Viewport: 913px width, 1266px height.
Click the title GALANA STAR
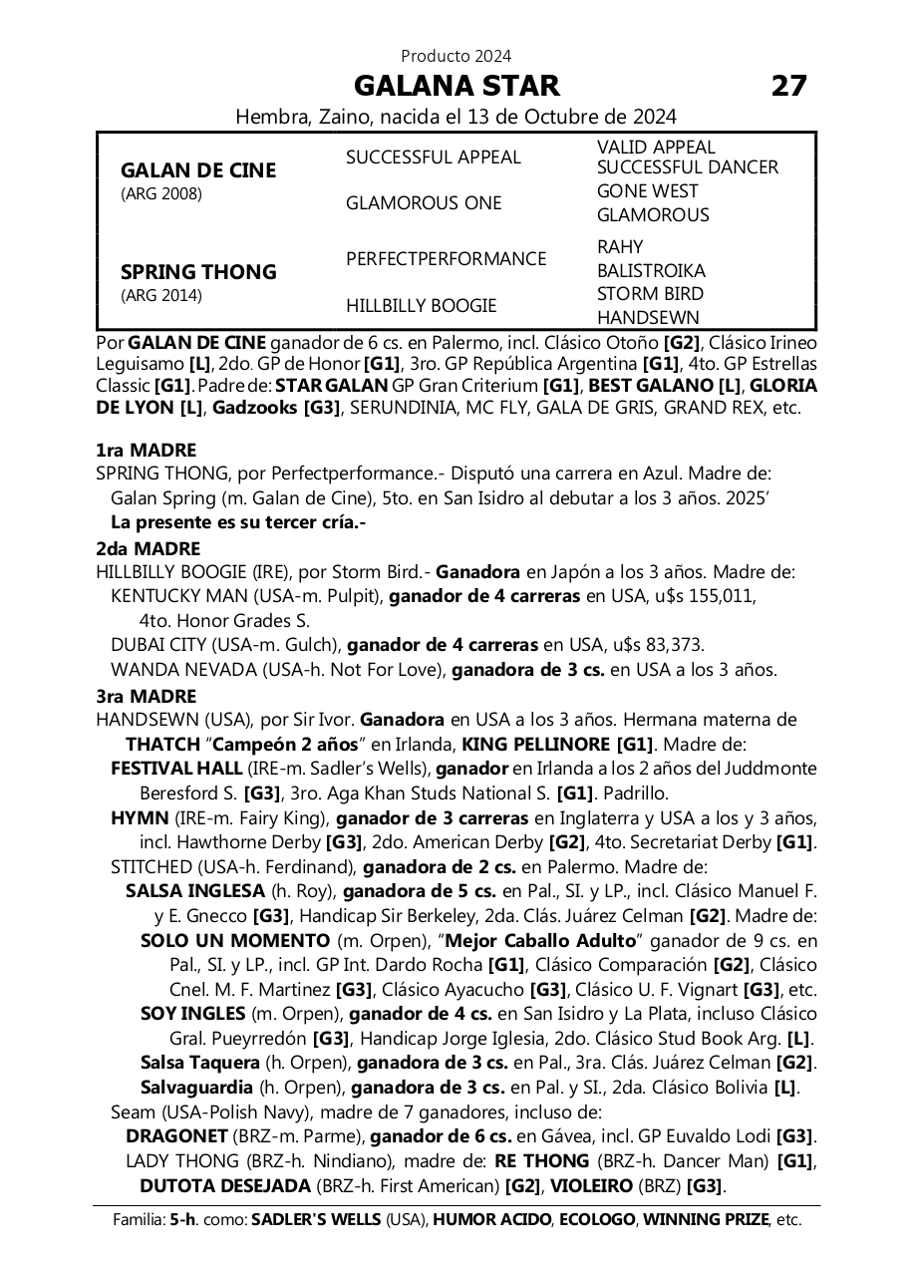pos(456,85)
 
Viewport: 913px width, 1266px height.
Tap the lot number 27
pos(788,86)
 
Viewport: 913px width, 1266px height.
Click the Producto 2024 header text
pos(456,56)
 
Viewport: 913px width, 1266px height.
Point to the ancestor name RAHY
pos(620,246)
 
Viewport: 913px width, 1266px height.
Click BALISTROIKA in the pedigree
pos(651,270)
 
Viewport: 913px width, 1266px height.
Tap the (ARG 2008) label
pos(160,193)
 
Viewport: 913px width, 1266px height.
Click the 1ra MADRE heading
pos(147,451)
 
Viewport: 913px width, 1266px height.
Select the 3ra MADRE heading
pos(147,696)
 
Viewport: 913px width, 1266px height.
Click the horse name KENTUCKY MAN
pos(177,596)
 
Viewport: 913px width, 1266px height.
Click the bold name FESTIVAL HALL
pos(176,769)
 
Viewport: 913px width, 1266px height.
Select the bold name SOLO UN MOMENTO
pos(235,940)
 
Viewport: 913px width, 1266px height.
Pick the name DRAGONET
pos(176,1135)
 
